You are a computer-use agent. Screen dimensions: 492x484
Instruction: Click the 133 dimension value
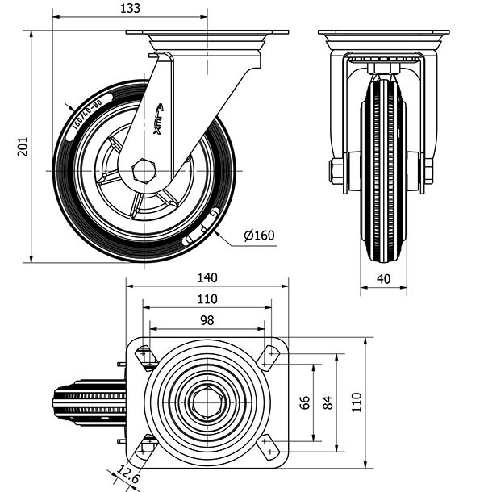click(x=129, y=9)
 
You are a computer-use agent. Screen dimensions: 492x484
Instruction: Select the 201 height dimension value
click(x=23, y=146)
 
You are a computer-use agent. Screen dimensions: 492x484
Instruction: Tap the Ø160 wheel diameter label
click(x=259, y=236)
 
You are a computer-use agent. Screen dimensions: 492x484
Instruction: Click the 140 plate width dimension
click(x=207, y=277)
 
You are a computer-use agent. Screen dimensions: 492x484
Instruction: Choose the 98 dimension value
click(x=207, y=320)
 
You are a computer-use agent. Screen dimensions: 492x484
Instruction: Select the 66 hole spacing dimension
click(x=305, y=402)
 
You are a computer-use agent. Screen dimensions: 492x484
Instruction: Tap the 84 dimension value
click(x=328, y=402)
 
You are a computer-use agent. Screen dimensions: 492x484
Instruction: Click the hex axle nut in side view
click(x=144, y=170)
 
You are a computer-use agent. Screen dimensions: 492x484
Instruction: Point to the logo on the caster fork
click(x=157, y=121)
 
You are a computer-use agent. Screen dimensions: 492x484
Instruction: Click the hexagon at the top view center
click(x=207, y=402)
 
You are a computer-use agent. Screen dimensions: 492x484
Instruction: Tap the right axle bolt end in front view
click(x=428, y=170)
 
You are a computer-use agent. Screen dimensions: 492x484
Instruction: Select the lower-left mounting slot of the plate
click(x=147, y=446)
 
